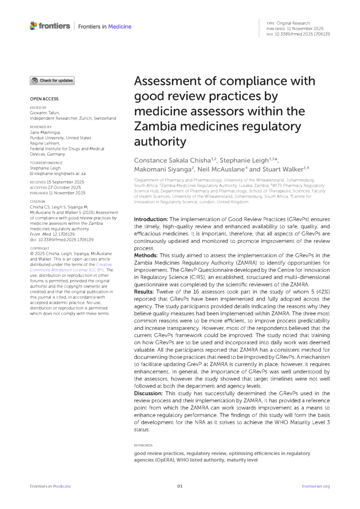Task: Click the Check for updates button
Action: click(52, 81)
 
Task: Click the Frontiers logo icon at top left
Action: click(34, 26)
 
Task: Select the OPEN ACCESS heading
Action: click(44, 99)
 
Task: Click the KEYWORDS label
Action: click(143, 445)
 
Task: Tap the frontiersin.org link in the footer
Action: click(315, 486)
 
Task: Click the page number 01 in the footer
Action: click(180, 486)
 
